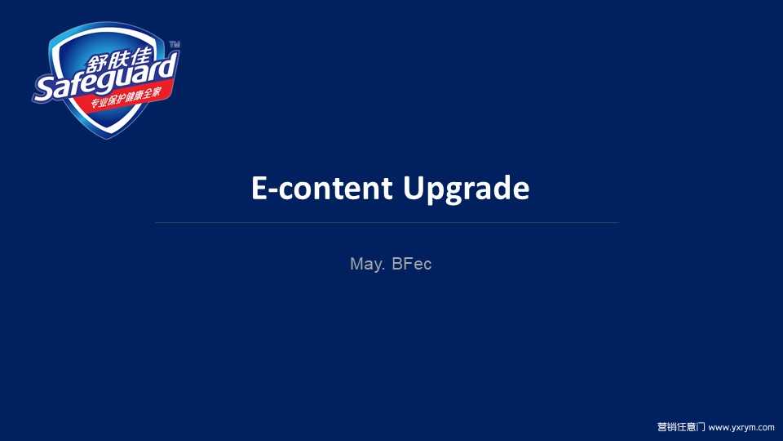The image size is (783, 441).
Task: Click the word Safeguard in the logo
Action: (x=105, y=77)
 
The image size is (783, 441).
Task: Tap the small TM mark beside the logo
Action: (x=175, y=44)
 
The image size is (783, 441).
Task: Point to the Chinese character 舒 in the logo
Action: (x=97, y=64)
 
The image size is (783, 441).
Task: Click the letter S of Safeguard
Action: (x=44, y=90)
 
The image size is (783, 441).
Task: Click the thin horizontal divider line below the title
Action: (x=387, y=222)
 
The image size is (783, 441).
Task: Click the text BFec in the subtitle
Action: (x=411, y=264)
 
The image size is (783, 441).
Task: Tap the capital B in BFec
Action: (x=397, y=264)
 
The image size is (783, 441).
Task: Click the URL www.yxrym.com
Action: (x=741, y=427)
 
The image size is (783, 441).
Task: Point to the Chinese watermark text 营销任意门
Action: (x=680, y=426)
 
